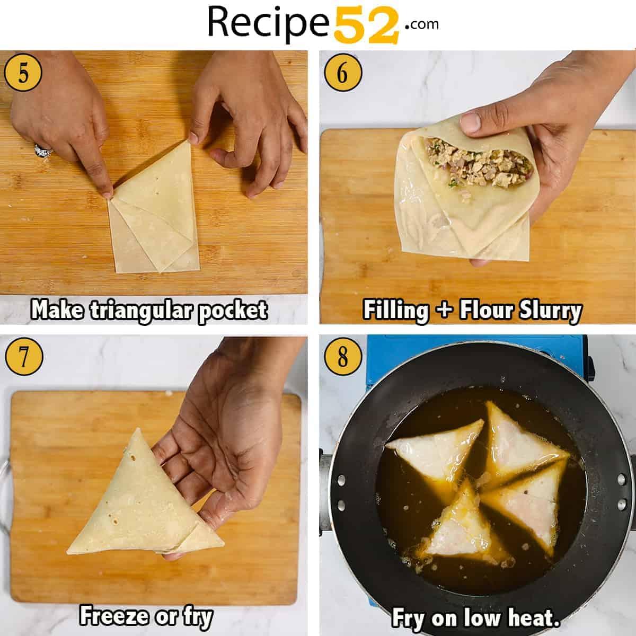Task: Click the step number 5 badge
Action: (23, 73)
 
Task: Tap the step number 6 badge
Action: (343, 73)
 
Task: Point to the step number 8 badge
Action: (343, 357)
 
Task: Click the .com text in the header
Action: (421, 24)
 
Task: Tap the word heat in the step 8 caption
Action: (534, 617)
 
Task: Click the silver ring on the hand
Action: (43, 151)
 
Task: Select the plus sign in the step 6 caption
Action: (445, 311)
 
